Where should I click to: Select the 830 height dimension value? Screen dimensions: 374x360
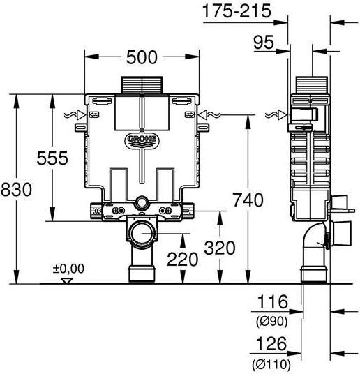15,189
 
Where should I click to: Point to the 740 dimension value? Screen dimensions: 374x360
248,200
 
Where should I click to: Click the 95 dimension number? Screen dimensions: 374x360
262,43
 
